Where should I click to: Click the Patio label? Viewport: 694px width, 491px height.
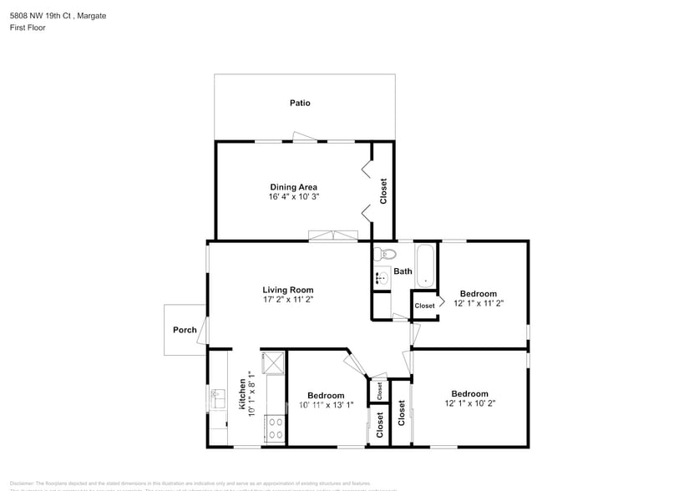[300, 103]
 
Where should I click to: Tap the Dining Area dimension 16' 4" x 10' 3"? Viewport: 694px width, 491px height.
[293, 197]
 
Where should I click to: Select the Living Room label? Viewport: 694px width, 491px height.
[288, 290]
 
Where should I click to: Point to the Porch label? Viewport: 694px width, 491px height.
[185, 330]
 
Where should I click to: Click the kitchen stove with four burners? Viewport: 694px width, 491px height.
[275, 428]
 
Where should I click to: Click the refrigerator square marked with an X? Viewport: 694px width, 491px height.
[274, 363]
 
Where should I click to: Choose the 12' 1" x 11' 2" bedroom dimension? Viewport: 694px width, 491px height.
[478, 304]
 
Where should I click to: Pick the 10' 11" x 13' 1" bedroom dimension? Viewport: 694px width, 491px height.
[325, 406]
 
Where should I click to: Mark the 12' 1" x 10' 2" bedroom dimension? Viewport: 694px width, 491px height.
[469, 404]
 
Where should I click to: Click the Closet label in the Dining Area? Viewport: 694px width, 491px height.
[383, 191]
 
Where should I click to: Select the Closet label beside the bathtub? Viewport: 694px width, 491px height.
[424, 306]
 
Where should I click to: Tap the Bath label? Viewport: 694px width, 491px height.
[403, 271]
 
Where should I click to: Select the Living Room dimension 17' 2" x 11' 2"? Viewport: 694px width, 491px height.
[288, 299]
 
